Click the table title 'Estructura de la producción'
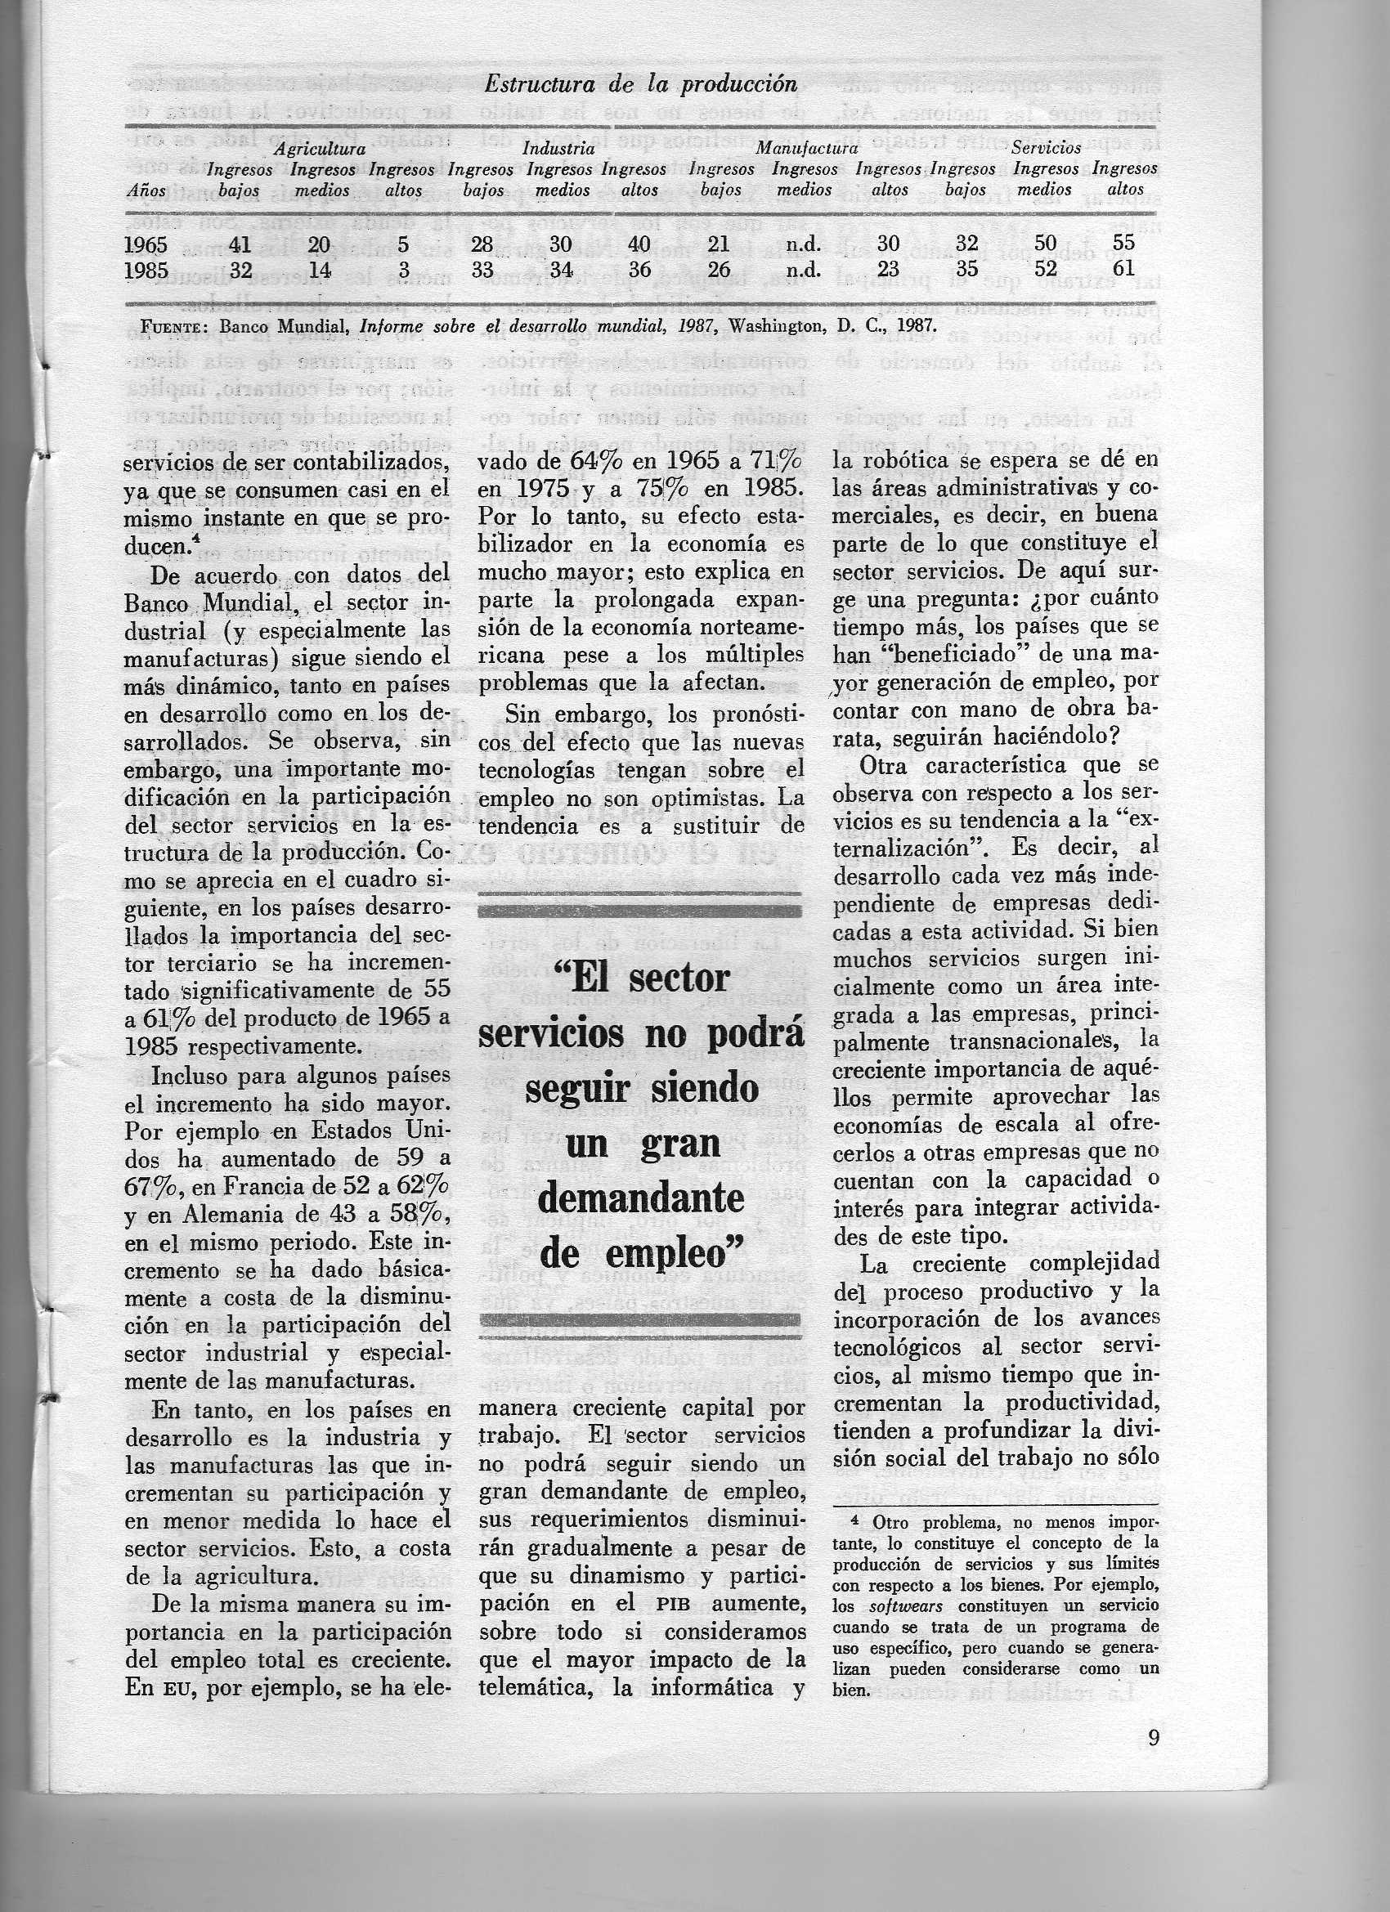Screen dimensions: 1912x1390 (x=641, y=84)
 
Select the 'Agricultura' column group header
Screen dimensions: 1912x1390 (x=320, y=149)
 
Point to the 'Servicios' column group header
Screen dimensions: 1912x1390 (x=1046, y=149)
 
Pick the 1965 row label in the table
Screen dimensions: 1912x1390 (x=146, y=244)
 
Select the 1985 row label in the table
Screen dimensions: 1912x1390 (x=146, y=270)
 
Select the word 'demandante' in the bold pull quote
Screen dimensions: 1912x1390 (x=641, y=1200)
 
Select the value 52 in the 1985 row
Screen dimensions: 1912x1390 (x=1045, y=270)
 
